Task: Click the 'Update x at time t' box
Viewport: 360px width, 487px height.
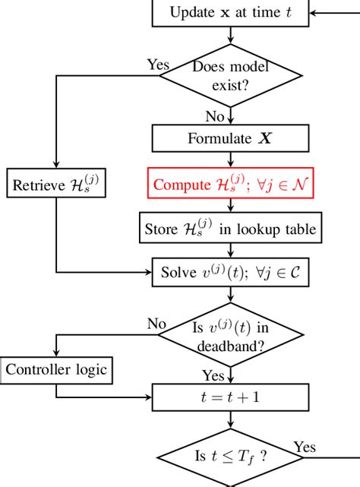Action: (x=230, y=11)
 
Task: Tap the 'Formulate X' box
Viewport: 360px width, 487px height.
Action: (x=230, y=139)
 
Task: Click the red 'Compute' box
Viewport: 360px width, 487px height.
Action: (x=230, y=184)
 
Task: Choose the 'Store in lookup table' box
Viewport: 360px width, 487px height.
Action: (x=230, y=227)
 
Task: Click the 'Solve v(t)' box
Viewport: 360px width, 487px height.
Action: (x=230, y=271)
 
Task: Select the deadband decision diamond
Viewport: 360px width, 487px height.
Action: (x=230, y=336)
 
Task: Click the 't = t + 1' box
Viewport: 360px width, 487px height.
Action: (x=230, y=397)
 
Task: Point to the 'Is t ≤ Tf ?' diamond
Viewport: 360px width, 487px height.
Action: (x=230, y=457)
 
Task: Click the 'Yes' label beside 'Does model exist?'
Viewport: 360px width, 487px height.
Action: (x=159, y=65)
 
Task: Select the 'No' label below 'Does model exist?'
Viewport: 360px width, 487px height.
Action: (x=216, y=116)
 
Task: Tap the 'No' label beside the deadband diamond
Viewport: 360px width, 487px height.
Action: (x=157, y=324)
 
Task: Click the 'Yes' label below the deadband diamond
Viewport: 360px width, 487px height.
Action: (x=213, y=375)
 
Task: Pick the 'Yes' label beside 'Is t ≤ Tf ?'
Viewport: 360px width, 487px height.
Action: (x=305, y=447)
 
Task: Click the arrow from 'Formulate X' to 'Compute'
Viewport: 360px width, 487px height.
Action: (x=230, y=160)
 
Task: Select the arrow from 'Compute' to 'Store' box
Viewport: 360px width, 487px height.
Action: (x=230, y=206)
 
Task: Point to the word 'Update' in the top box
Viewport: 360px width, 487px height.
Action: (x=191, y=11)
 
